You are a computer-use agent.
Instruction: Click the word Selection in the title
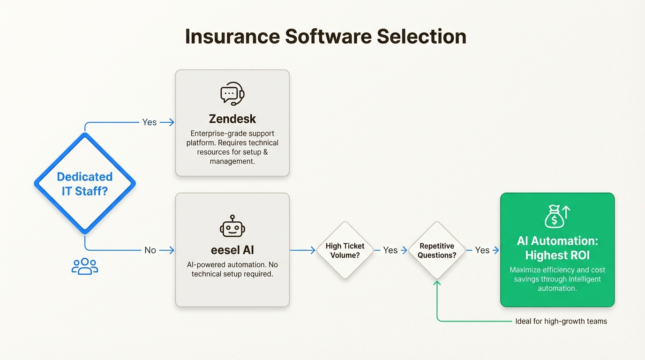421,37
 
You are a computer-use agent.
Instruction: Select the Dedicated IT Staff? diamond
85,183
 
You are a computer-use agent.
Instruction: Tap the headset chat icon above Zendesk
232,94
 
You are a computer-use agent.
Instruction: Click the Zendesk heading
232,119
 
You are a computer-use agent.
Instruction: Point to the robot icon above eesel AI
232,226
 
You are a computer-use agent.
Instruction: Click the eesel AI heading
232,250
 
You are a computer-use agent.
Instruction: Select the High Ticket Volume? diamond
345,250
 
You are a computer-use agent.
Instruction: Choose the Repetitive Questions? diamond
437,250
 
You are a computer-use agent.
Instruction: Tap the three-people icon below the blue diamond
85,266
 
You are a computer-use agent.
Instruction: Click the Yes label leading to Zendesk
150,122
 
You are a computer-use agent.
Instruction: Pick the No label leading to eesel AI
150,250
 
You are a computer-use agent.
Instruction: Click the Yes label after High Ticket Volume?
390,250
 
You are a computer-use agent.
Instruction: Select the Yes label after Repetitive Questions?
482,250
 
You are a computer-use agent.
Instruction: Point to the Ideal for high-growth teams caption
561,321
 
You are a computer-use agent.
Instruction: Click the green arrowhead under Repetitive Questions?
437,283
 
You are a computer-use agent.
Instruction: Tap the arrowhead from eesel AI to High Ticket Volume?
313,250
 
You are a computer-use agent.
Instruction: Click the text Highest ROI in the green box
557,255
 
